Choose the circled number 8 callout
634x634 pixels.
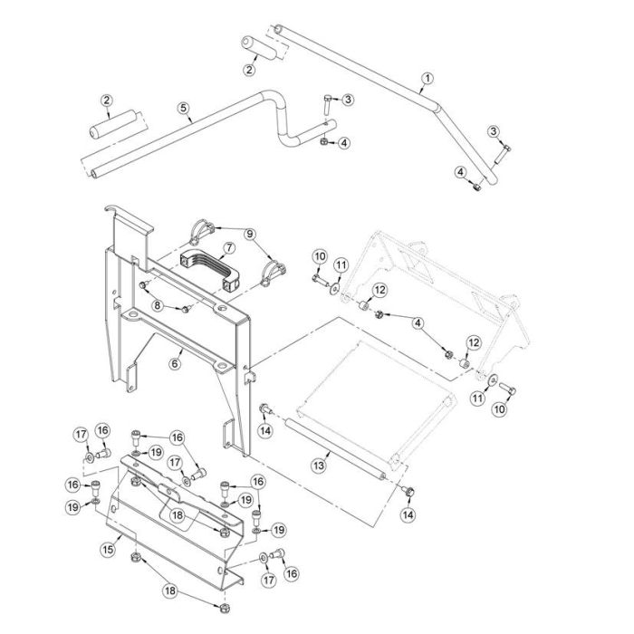[x=157, y=306]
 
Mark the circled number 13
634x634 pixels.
[x=318, y=465]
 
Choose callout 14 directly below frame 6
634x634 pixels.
[x=264, y=432]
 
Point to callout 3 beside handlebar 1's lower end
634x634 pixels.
[x=495, y=131]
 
